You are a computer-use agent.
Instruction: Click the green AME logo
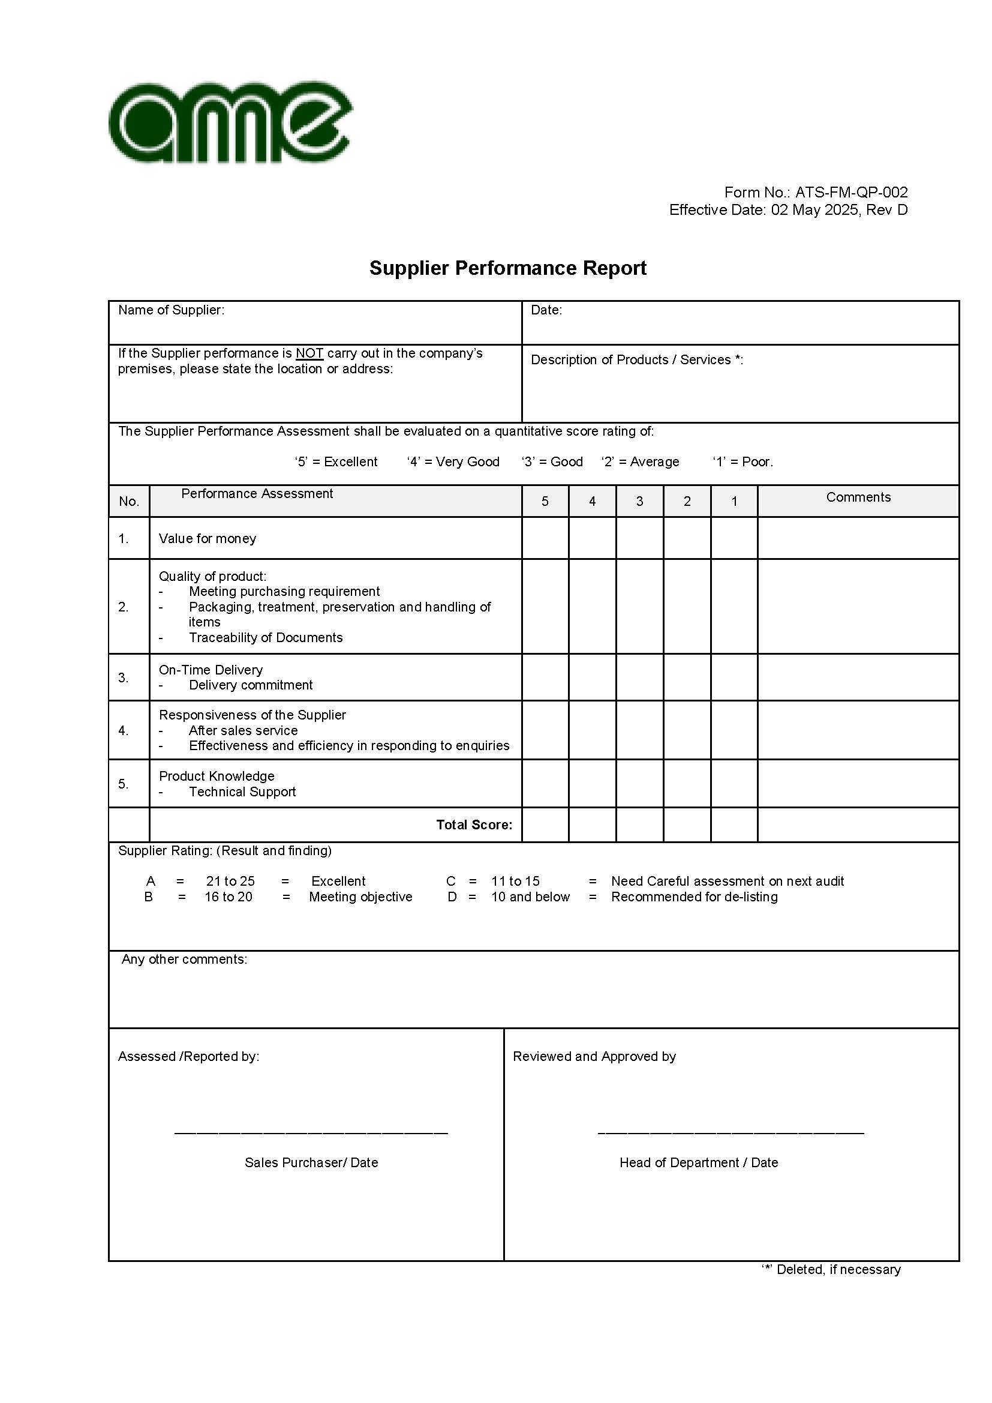coord(230,122)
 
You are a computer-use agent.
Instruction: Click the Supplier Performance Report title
coord(507,268)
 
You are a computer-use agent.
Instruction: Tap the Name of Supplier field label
coord(171,310)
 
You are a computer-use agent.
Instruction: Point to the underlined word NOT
coord(309,354)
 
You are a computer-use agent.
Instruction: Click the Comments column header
coord(858,497)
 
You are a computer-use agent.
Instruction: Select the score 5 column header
coord(545,502)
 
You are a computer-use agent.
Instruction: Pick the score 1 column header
coord(734,502)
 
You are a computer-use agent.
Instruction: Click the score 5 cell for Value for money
coord(545,538)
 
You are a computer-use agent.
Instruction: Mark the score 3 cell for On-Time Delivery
coord(639,677)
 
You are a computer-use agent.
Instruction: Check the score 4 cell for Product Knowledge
coord(592,784)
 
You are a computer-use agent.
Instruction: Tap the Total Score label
coord(474,825)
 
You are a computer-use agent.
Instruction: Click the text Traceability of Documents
coord(266,638)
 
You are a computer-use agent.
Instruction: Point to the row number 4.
coord(124,731)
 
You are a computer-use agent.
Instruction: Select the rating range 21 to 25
coord(230,881)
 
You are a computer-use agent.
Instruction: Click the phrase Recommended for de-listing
coord(694,897)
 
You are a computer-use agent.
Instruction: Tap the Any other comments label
coord(185,960)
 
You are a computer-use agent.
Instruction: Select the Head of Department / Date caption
coord(698,1163)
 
